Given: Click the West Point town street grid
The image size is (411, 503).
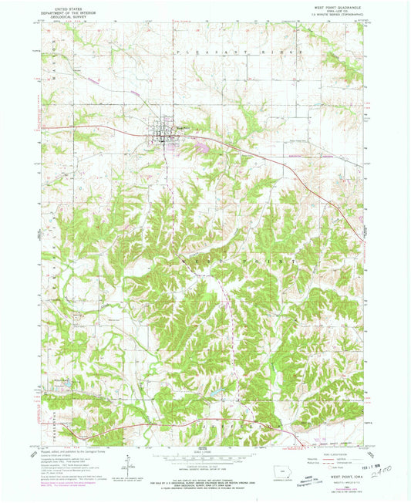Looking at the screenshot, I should click(x=165, y=127).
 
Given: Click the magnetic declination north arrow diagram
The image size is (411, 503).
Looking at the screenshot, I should click(x=128, y=466).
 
